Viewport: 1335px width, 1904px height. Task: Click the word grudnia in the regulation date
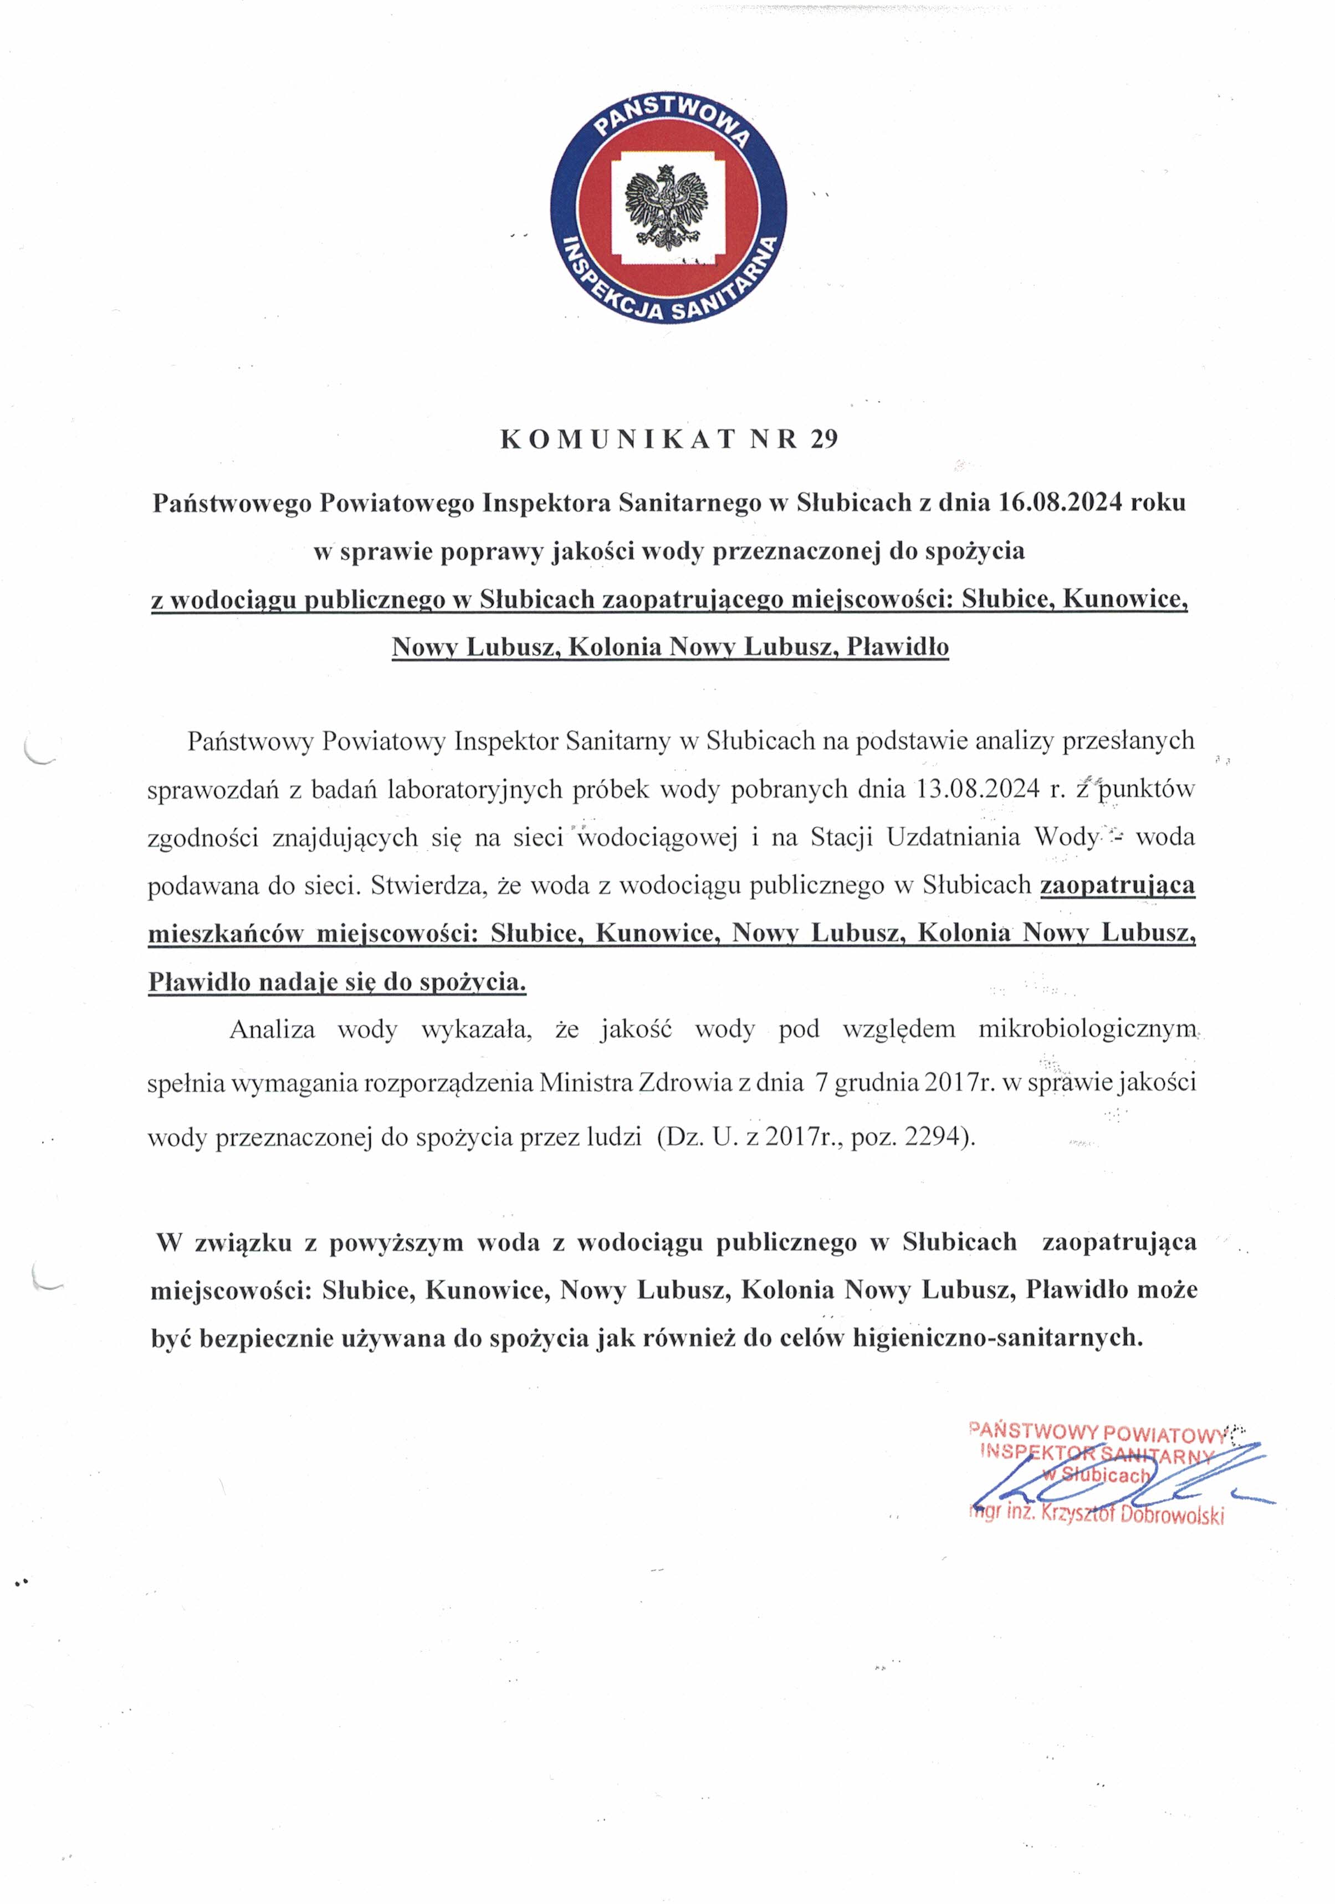(x=872, y=1083)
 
